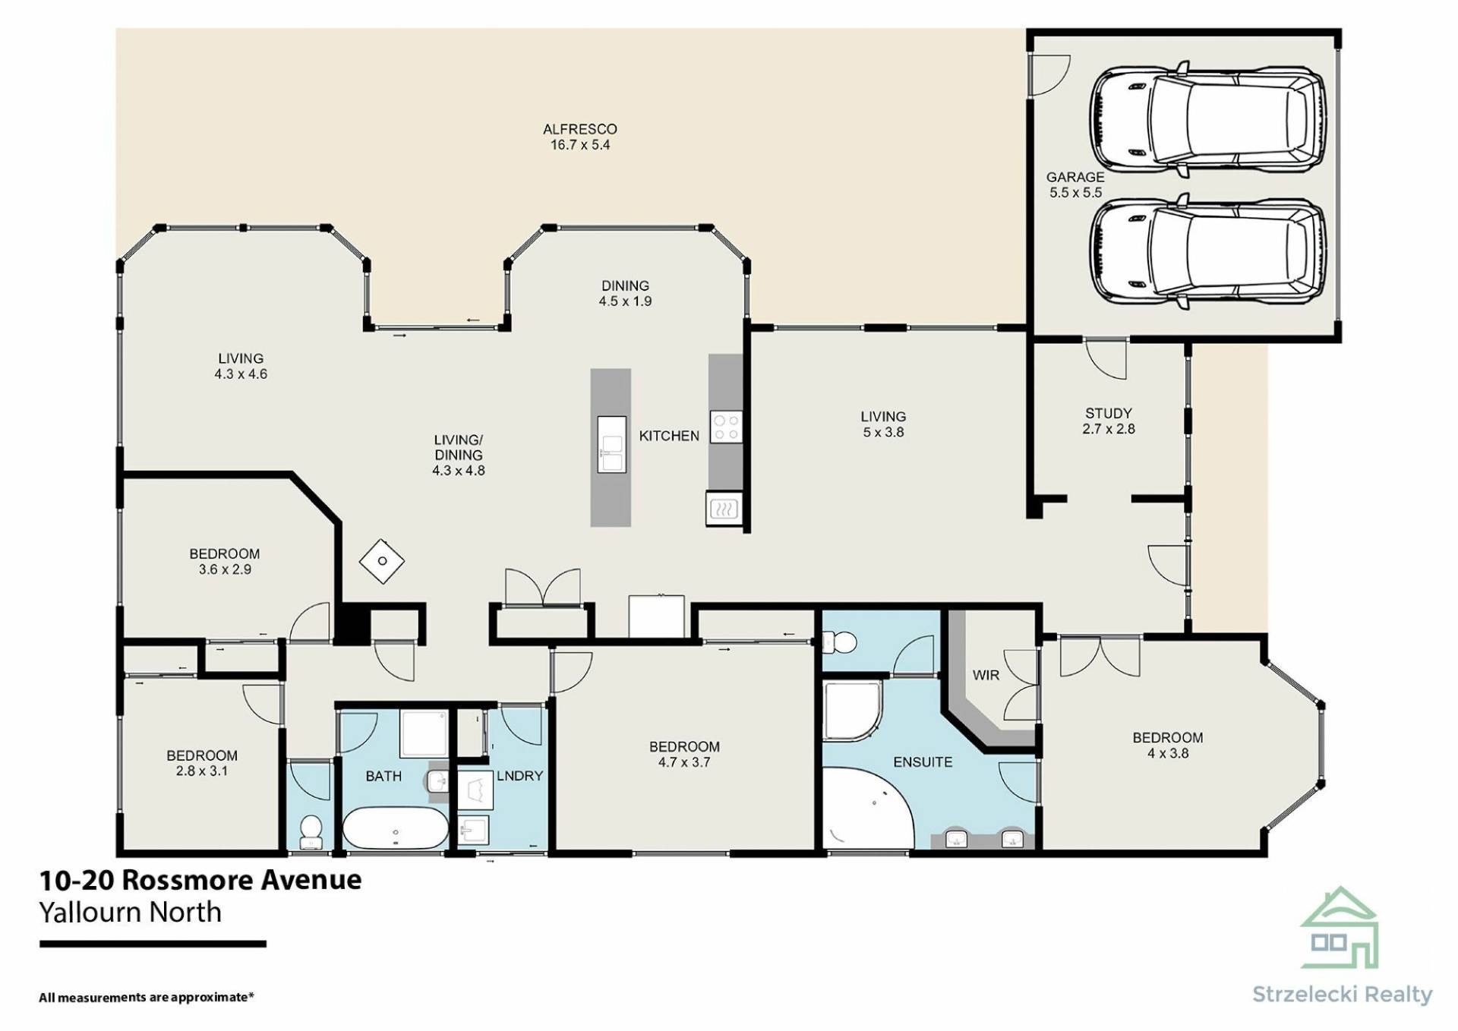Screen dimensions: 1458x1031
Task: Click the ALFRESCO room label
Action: point(580,129)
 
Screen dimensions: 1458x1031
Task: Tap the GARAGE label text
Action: point(1075,177)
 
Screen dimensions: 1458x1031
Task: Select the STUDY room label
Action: point(1109,413)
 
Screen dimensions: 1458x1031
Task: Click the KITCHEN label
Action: point(669,436)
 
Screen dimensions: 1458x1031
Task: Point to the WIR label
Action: point(986,675)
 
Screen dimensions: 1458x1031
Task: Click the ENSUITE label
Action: point(923,762)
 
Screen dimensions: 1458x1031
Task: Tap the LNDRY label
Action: point(520,776)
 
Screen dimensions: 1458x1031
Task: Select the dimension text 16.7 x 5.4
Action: point(580,145)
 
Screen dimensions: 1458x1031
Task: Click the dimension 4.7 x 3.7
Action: point(684,762)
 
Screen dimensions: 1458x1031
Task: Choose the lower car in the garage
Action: point(1208,252)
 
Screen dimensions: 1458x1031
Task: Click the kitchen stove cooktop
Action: point(725,427)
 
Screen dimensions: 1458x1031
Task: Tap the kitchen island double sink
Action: point(611,444)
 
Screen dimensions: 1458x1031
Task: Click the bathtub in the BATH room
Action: point(395,828)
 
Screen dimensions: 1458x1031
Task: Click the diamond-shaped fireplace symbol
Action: point(382,561)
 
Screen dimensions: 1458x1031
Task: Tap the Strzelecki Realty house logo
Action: point(1340,928)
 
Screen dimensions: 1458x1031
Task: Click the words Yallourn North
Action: point(131,912)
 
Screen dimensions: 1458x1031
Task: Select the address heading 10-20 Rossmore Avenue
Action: point(200,880)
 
